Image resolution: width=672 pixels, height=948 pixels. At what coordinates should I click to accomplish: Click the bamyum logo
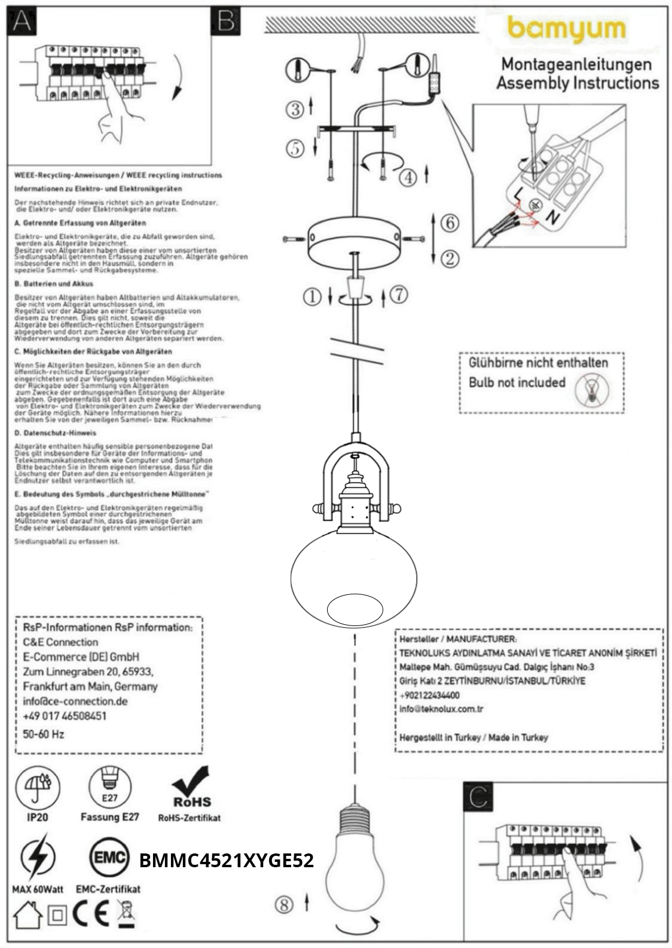[566, 30]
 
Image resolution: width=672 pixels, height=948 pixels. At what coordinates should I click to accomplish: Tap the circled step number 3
[295, 109]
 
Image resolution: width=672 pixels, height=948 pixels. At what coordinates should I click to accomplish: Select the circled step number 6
[450, 223]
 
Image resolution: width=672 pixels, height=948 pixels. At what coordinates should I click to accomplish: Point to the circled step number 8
[284, 904]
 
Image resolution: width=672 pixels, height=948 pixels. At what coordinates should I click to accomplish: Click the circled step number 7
[399, 294]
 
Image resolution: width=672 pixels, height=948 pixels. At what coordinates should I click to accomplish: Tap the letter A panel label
[22, 21]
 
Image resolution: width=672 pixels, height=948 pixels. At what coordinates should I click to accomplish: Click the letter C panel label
[478, 797]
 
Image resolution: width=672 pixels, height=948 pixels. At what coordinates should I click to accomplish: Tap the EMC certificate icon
[109, 858]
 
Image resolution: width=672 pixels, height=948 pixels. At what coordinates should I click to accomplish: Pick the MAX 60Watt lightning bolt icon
[37, 858]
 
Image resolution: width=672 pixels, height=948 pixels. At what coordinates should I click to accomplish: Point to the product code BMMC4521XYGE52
[226, 861]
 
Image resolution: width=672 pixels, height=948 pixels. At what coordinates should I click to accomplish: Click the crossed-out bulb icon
[592, 390]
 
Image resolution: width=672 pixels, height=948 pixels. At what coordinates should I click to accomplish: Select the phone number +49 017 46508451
[65, 716]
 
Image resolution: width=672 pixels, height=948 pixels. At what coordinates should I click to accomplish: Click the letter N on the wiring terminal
[554, 218]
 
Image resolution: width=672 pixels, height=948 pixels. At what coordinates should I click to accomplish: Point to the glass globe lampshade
[353, 578]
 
